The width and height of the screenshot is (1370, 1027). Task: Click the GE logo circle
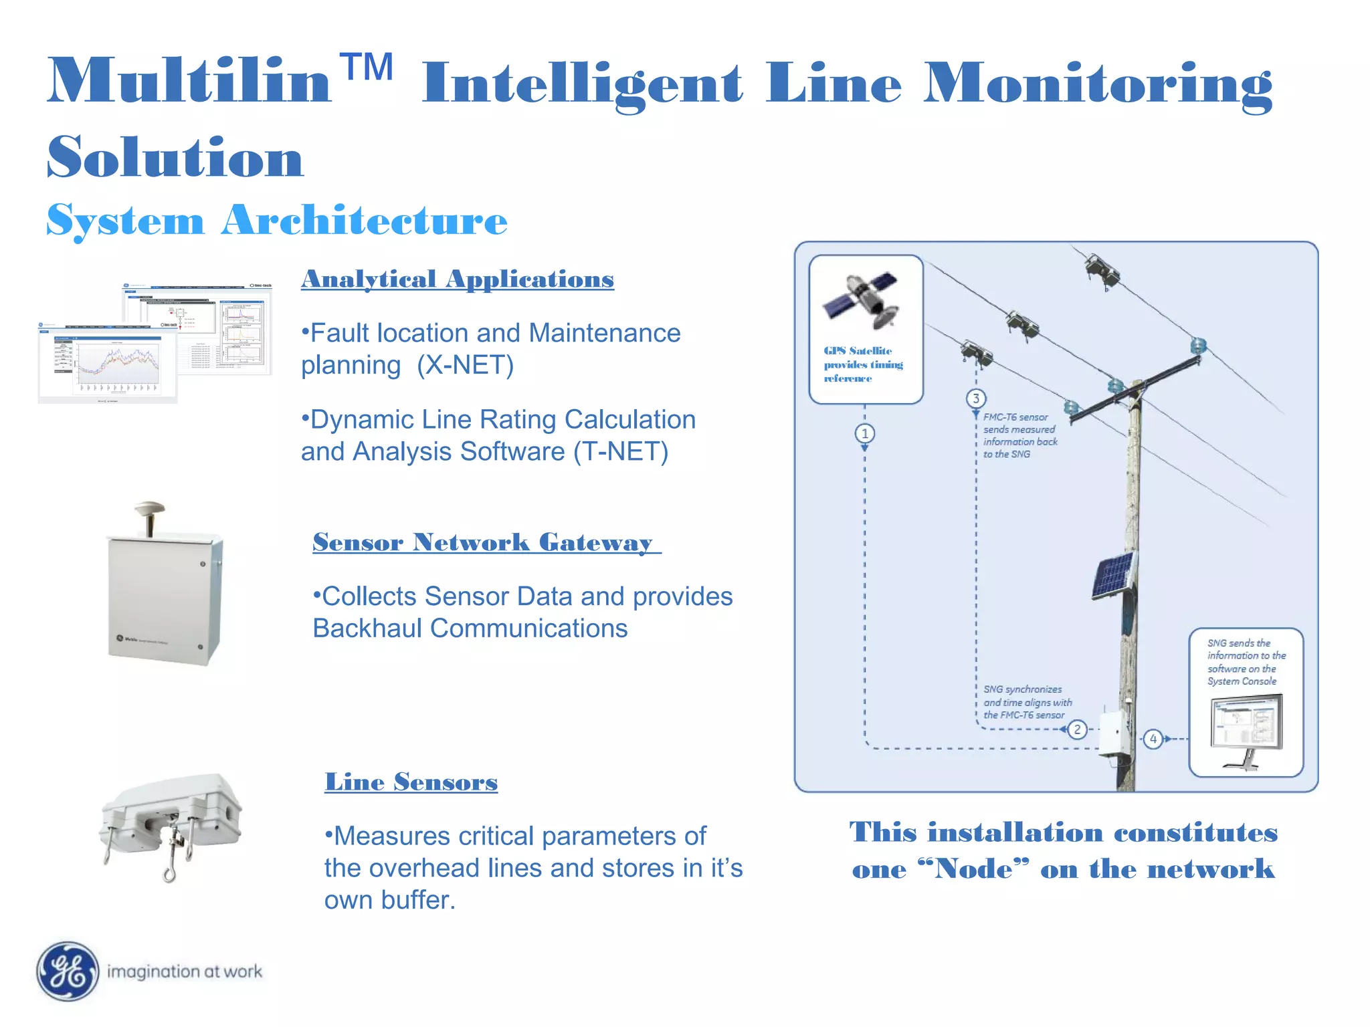[x=67, y=971]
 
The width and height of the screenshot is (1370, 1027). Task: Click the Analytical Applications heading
[x=457, y=279]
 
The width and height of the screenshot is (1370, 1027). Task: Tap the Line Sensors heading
[x=411, y=782]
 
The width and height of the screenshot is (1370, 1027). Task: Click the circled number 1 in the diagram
[x=864, y=433]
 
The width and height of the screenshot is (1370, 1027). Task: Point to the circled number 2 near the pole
[x=1077, y=729]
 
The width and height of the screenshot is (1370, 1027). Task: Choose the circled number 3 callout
[x=976, y=398]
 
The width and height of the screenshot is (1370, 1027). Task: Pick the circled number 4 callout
[x=1153, y=739]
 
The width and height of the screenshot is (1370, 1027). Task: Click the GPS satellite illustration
[x=863, y=301]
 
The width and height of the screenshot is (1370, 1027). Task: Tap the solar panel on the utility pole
[x=1114, y=574]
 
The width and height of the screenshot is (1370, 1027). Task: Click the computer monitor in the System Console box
[x=1246, y=725]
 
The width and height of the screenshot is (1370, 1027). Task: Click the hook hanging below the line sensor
[x=171, y=869]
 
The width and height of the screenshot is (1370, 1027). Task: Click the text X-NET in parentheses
[x=465, y=365]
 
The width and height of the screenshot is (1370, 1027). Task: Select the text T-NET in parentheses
[x=620, y=452]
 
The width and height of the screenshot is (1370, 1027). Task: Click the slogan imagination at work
[x=184, y=972]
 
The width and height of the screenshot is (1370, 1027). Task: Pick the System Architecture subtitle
[x=277, y=221]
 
